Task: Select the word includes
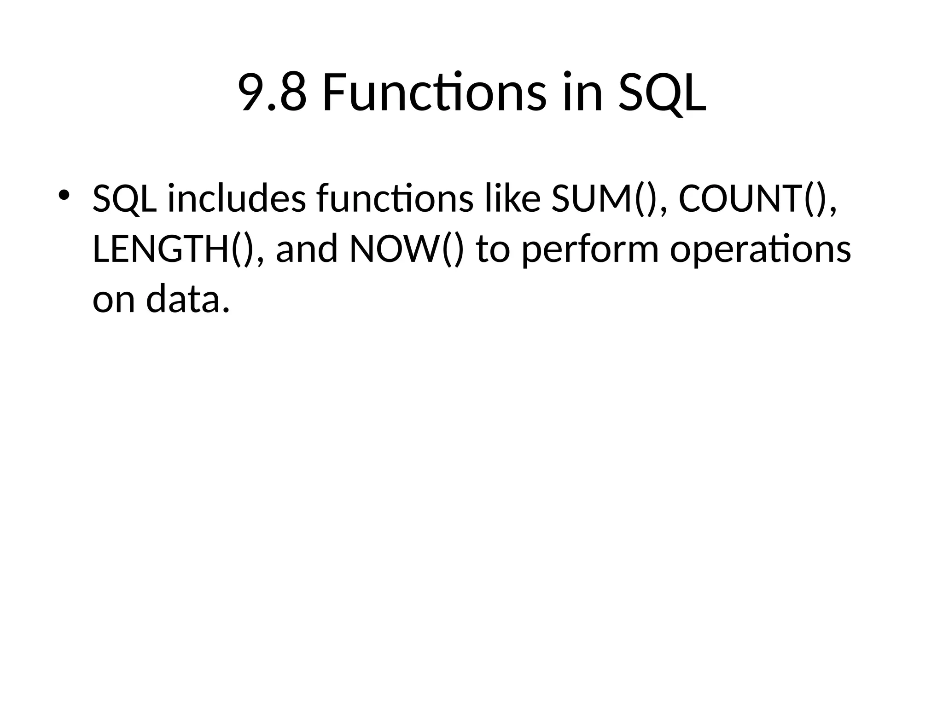pyautogui.click(x=237, y=199)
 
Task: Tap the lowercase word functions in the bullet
pyautogui.click(x=395, y=199)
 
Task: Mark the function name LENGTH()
pyautogui.click(x=175, y=249)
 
